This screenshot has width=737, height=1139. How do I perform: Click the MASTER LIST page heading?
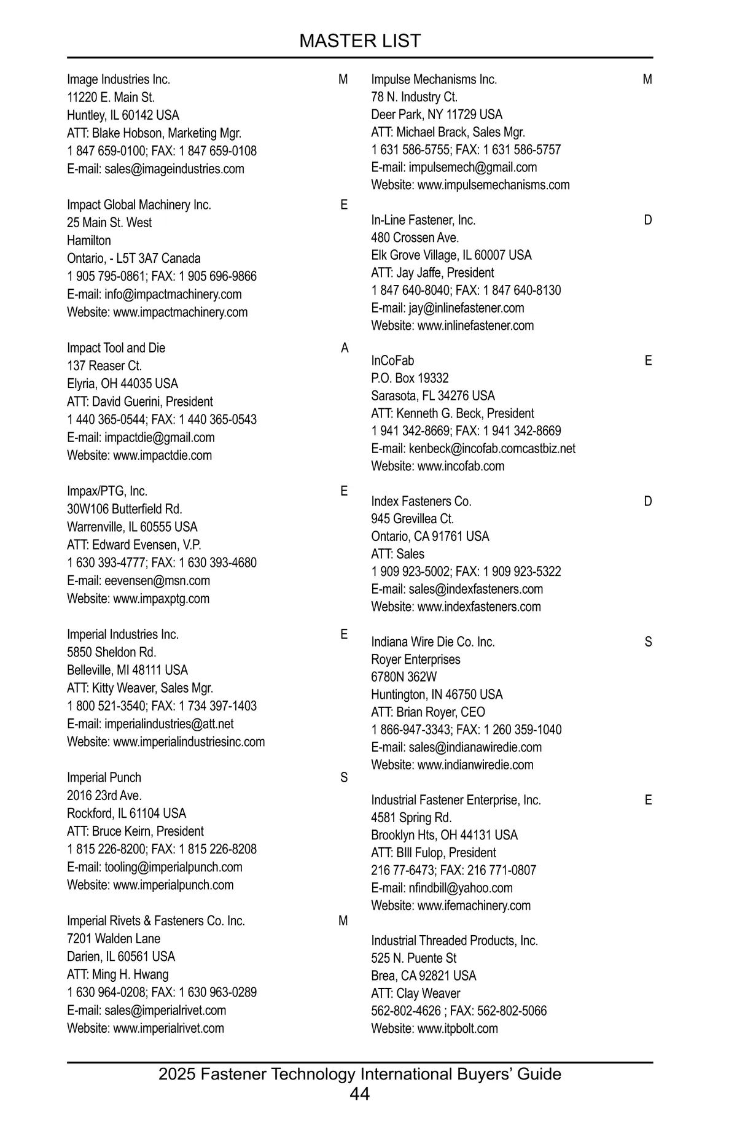360,41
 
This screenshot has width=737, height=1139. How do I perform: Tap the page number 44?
360,1094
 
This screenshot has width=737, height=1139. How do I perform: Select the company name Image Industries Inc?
119,79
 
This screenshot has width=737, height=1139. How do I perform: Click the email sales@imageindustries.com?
174,169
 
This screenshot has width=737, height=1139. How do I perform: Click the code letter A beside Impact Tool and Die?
345,348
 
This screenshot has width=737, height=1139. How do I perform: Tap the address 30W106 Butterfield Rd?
125,509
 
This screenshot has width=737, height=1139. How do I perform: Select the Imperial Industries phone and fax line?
162,706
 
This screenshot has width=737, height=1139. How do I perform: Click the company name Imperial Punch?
104,777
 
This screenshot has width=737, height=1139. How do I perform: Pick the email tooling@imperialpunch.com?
173,867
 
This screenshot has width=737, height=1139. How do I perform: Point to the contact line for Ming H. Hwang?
117,974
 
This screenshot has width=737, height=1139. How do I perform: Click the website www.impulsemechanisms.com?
493,185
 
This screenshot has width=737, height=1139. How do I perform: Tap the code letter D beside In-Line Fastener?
648,220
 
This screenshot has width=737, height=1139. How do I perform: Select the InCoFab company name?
392,360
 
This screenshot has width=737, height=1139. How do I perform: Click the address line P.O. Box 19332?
410,378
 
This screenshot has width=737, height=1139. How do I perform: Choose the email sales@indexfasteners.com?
475,589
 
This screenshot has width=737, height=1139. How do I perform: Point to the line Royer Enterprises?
415,659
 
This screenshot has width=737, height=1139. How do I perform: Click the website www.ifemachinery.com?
474,906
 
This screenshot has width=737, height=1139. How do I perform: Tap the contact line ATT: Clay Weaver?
415,993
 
